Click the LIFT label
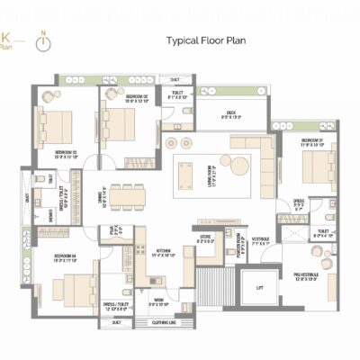click(259, 287)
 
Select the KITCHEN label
click(164, 253)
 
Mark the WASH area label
click(158, 300)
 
